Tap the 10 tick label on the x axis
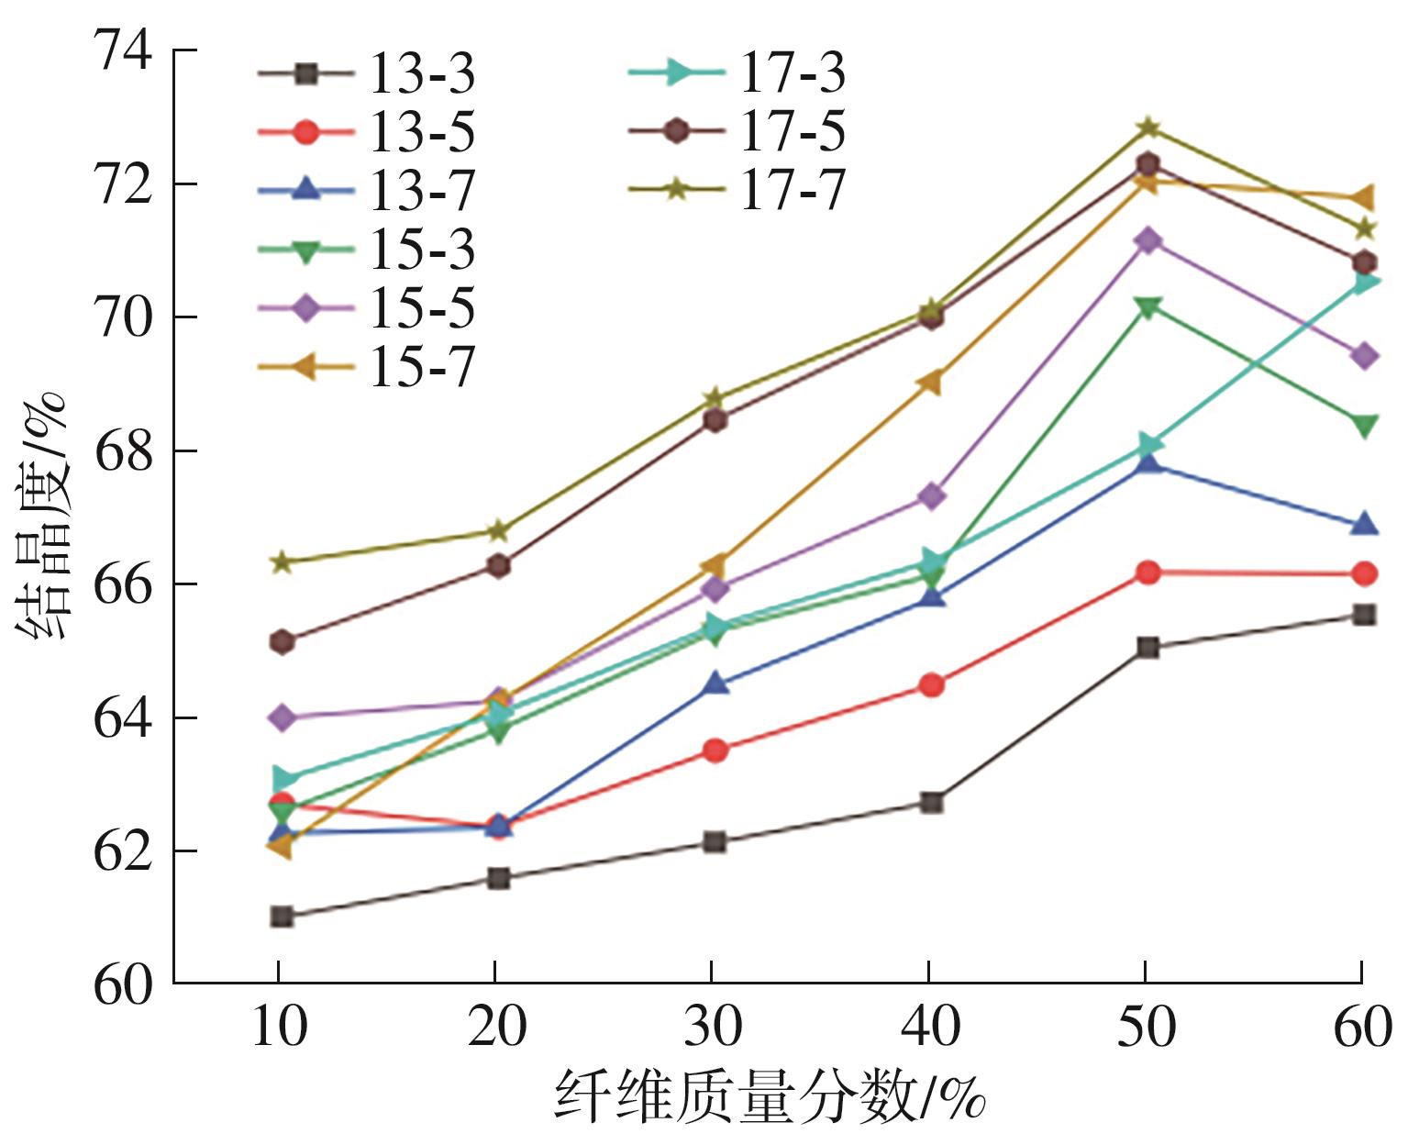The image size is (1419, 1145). tap(279, 1027)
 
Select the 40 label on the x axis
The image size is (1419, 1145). tap(930, 1027)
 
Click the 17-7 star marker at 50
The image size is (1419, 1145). tap(1147, 128)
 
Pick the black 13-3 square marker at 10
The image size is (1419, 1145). tap(282, 917)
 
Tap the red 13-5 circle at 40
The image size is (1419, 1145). tap(931, 684)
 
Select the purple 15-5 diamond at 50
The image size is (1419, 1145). tap(1147, 241)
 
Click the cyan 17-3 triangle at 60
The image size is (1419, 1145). tap(1364, 283)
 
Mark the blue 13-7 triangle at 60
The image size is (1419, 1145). tap(1364, 524)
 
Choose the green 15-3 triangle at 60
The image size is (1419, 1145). tap(1364, 426)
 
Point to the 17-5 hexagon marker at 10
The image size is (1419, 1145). tap(282, 641)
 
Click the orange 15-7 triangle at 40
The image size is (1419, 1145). tap(931, 383)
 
